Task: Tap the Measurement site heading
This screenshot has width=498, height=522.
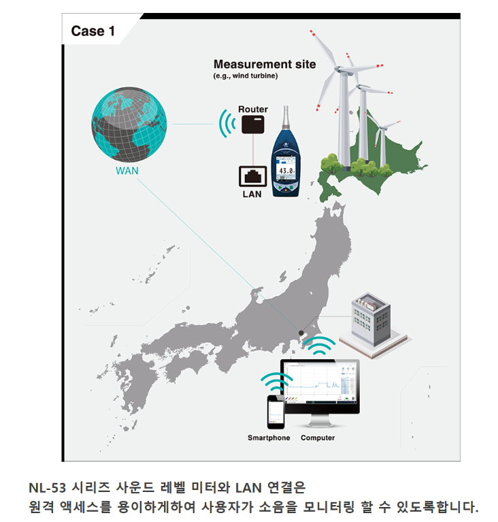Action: point(265,64)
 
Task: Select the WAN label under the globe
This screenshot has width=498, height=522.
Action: point(127,170)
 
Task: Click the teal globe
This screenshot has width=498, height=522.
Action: point(129,125)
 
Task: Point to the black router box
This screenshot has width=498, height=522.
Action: point(253,125)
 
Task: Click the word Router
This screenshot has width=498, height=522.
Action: point(253,109)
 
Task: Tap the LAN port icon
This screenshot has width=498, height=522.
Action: point(252,175)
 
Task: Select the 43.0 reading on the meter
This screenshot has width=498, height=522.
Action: point(286,170)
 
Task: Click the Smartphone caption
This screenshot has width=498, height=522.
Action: point(269,437)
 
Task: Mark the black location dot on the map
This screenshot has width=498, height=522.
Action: point(301,333)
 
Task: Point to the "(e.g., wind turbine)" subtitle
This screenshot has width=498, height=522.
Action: point(246,76)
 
